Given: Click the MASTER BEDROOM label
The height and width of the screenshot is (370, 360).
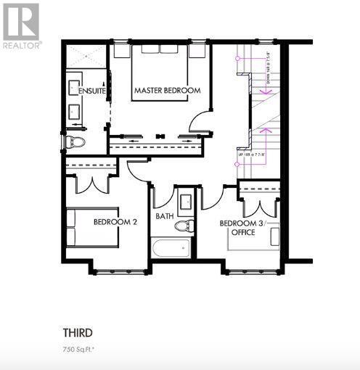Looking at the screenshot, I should tap(167, 91).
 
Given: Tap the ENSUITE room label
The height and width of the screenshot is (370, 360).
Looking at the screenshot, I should tap(91, 91).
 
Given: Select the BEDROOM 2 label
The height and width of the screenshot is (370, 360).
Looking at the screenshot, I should tap(115, 221).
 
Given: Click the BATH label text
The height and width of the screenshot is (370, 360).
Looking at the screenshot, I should tap(164, 216).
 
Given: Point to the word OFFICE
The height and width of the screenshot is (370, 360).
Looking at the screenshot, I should tap(242, 233).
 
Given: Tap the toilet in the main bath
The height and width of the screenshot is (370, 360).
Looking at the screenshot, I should tap(184, 226).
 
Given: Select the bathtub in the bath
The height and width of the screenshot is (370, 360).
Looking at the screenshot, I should tap(171, 249).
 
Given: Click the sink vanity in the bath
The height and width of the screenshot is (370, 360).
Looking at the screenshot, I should tap(185, 200).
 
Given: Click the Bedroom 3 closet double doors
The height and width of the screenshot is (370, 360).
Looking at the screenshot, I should tap(259, 198).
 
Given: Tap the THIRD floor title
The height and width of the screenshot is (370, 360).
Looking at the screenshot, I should tap(77, 334).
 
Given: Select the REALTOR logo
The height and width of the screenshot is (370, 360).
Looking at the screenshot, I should tap(21, 25).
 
